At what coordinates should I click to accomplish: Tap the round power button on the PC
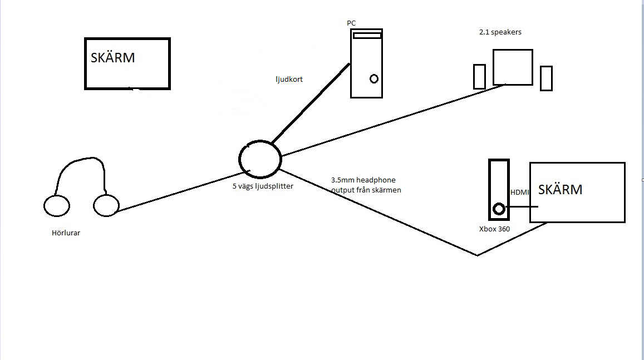coord(374,79)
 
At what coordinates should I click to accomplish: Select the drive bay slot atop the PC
coord(367,36)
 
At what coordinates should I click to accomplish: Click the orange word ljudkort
coord(289,80)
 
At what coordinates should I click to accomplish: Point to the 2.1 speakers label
coord(500,32)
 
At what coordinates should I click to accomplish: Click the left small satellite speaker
coord(479,77)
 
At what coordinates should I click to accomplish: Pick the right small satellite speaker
coord(546,78)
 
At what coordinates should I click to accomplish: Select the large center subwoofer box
coord(513,67)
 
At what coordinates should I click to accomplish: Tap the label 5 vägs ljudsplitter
coord(263,186)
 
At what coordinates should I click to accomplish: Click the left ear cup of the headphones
coord(57,206)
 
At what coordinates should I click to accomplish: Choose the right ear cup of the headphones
coord(106,205)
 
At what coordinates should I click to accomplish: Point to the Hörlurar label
coord(66,233)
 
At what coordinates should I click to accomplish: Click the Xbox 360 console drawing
coord(499,190)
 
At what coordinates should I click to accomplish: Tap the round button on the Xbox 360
coord(499,209)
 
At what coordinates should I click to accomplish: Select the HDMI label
coord(520,192)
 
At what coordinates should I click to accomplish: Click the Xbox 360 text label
coord(494,229)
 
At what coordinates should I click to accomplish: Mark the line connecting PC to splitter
coord(309,103)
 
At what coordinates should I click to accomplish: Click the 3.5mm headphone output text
coord(366,185)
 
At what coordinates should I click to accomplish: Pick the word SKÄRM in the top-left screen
coord(113,58)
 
